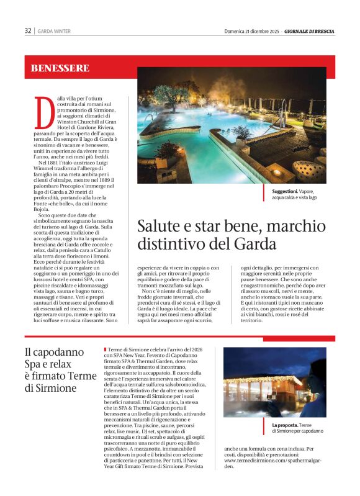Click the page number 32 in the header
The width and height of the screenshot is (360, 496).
pos(28,30)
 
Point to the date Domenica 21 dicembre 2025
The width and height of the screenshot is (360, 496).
pos(251,31)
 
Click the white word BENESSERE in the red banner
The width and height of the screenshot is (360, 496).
pos(60,68)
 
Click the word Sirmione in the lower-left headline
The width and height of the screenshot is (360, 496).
pos(58,388)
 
